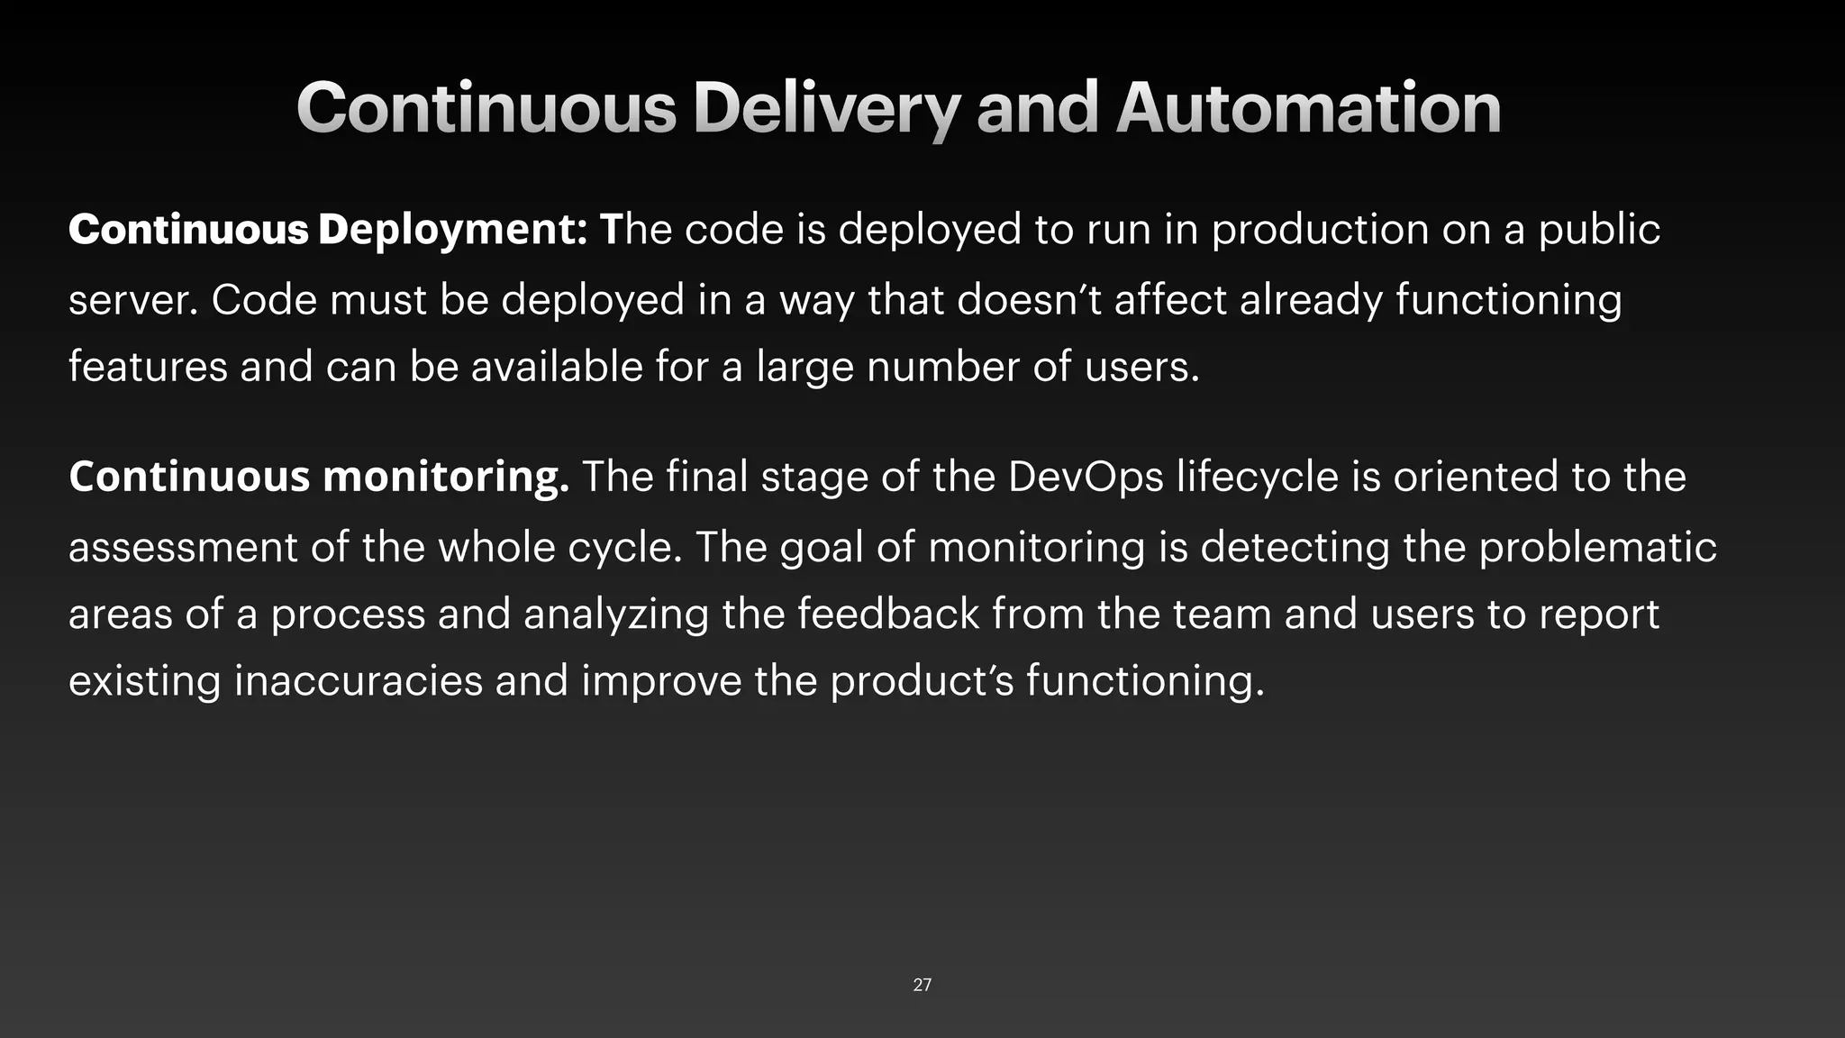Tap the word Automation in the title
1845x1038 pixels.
pyautogui.click(x=1308, y=108)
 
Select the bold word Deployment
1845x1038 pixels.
pyautogui.click(x=452, y=230)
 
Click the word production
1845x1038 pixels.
pyautogui.click(x=1320, y=230)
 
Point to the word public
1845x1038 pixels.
pyautogui.click(x=1598, y=230)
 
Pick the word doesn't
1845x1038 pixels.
pyautogui.click(x=1029, y=299)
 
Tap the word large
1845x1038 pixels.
pyautogui.click(x=804, y=367)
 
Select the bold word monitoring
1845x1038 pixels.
pyautogui.click(x=446, y=477)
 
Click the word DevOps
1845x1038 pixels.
pyautogui.click(x=1086, y=477)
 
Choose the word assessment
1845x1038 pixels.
pyautogui.click(x=183, y=547)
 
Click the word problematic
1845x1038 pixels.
pyautogui.click(x=1597, y=547)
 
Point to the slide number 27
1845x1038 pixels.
pyautogui.click(x=922, y=985)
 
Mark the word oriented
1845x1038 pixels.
pyautogui.click(x=1476, y=477)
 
